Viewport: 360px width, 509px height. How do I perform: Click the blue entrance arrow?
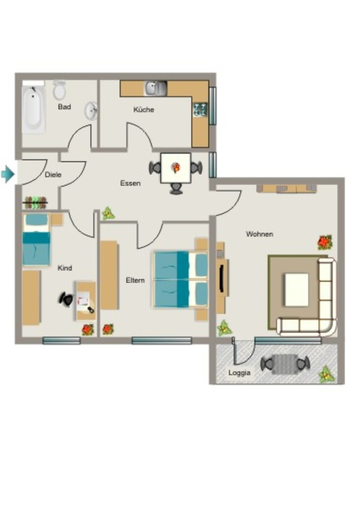point(8,174)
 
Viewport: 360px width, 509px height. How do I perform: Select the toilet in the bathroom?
point(59,90)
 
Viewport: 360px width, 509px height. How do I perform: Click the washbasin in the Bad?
point(91,111)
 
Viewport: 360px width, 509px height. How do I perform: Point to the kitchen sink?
point(156,88)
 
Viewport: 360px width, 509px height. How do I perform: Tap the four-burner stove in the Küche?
point(200,109)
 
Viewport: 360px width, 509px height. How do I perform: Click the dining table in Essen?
point(176,168)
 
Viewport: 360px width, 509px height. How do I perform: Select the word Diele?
point(53,174)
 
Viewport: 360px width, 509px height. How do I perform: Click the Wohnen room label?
point(260,234)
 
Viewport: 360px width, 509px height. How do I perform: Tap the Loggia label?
point(239,373)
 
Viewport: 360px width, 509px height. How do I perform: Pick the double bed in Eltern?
point(180,279)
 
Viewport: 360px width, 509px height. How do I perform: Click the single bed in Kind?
point(36,240)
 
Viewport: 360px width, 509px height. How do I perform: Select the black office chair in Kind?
point(67,299)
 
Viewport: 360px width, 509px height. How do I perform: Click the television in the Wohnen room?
point(222,278)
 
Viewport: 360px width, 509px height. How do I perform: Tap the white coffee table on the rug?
point(296,290)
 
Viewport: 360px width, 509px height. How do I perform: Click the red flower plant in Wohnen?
point(325,242)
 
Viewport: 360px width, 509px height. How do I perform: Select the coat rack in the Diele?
point(35,203)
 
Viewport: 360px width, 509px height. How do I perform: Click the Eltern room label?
point(135,280)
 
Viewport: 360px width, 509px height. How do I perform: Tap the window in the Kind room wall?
point(61,340)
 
